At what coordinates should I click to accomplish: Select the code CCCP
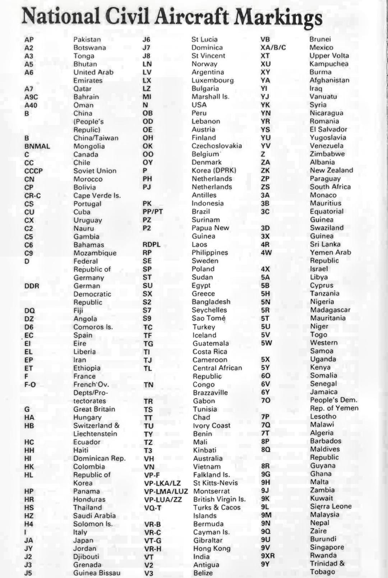33,171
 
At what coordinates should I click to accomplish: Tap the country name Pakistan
87,40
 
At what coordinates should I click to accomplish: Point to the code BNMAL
37,146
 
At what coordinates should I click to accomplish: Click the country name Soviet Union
95,171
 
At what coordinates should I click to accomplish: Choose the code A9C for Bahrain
31,97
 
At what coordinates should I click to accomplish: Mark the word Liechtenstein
95,434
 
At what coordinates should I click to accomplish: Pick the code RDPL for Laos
151,245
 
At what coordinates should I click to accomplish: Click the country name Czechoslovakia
217,146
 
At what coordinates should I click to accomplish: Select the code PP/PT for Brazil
153,212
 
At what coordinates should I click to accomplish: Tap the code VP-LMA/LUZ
166,491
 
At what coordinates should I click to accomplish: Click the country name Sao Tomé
208,318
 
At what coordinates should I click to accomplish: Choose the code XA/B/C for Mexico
273,47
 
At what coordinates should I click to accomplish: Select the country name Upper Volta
329,56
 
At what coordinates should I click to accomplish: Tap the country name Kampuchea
329,64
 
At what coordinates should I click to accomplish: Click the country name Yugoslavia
328,138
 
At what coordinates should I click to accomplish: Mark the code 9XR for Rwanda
268,556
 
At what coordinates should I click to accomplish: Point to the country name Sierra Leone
331,507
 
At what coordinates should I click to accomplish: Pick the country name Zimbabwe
327,154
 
